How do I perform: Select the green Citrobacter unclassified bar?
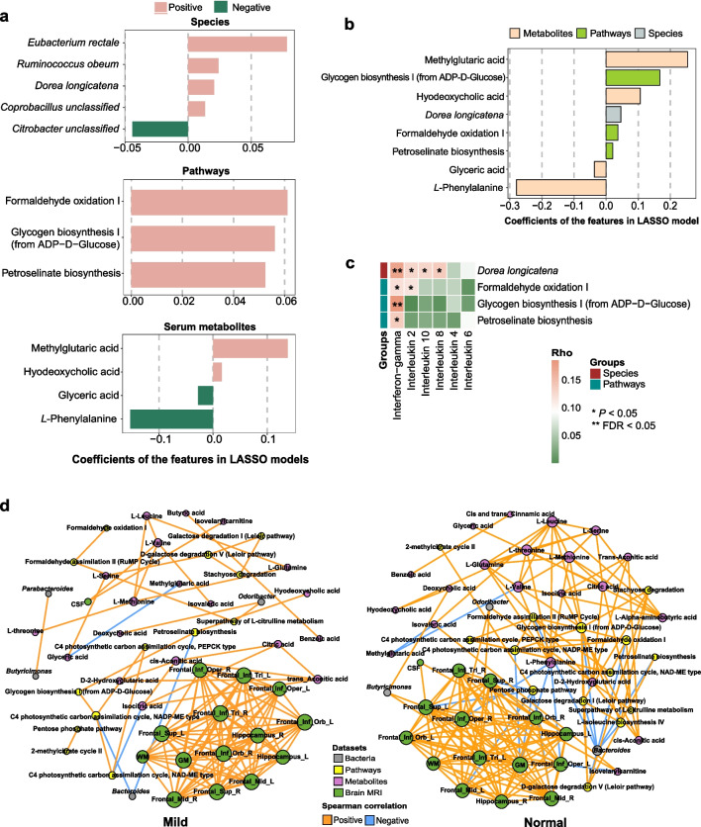(159, 128)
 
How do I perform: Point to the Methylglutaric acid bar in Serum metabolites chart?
(250, 348)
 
